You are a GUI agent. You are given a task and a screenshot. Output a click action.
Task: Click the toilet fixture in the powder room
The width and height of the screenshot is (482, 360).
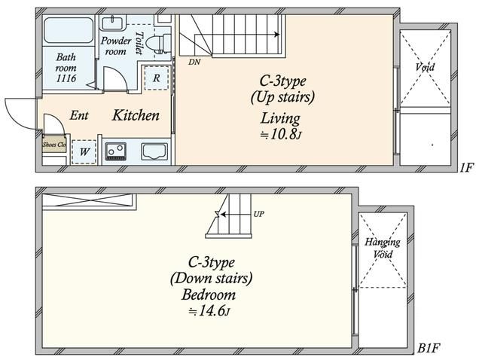pyautogui.click(x=158, y=43)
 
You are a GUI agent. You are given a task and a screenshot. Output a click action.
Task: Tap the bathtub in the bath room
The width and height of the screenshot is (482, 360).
pyautogui.click(x=69, y=30)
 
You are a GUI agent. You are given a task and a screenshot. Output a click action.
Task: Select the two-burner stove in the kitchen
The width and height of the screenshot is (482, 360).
pyautogui.click(x=115, y=151)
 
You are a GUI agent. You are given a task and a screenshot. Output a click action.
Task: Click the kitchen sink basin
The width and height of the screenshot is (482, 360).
pyautogui.click(x=154, y=151)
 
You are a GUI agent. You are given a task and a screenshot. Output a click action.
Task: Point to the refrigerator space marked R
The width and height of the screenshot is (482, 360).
pyautogui.click(x=157, y=78)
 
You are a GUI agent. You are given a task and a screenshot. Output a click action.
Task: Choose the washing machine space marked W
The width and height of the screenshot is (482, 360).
pyautogui.click(x=84, y=151)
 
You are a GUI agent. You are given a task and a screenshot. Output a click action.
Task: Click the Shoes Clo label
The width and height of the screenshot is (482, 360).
pyautogui.click(x=54, y=144)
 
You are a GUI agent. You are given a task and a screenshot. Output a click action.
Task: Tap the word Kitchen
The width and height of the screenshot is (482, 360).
pyautogui.click(x=136, y=115)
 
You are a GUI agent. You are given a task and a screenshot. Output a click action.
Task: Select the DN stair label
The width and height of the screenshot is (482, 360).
pyautogui.click(x=194, y=62)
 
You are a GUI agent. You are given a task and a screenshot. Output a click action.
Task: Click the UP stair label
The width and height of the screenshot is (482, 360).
pyautogui.click(x=258, y=214)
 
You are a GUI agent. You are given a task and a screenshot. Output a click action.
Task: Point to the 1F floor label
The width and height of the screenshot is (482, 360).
pyautogui.click(x=467, y=167)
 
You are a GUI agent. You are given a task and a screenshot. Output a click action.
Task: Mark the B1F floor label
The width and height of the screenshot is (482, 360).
pyautogui.click(x=429, y=348)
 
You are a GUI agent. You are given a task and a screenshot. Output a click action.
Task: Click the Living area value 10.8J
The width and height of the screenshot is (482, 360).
pyautogui.click(x=280, y=134)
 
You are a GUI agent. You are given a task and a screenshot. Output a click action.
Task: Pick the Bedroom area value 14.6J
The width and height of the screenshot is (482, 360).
pyautogui.click(x=209, y=311)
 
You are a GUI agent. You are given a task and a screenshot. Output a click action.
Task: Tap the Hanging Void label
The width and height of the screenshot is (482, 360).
pyautogui.click(x=383, y=248)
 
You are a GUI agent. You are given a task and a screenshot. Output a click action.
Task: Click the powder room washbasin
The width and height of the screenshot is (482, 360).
pyautogui.click(x=112, y=23)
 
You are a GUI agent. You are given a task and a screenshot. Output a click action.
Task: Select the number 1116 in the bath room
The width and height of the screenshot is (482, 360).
pyautogui.click(x=66, y=78)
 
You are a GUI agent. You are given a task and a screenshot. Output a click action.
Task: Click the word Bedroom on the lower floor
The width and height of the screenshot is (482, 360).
pyautogui.click(x=209, y=294)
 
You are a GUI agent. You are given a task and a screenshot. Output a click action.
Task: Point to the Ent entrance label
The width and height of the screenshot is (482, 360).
pyautogui.click(x=79, y=115)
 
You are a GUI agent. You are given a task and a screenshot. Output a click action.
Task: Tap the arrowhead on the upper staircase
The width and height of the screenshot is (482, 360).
pyautogui.click(x=277, y=35)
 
